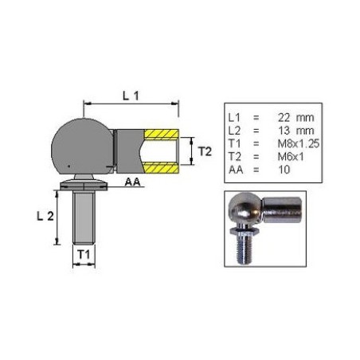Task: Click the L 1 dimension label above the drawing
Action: (x=131, y=96)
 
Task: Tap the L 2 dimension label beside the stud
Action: (x=45, y=217)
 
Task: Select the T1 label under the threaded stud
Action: (x=84, y=255)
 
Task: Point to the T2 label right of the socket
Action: (x=205, y=151)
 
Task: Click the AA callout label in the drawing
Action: (x=132, y=182)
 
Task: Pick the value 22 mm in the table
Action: (x=296, y=117)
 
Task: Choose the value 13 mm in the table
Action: (x=296, y=131)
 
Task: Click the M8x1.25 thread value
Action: (x=299, y=143)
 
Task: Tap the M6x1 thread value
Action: (x=291, y=157)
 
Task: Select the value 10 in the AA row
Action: (x=284, y=170)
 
